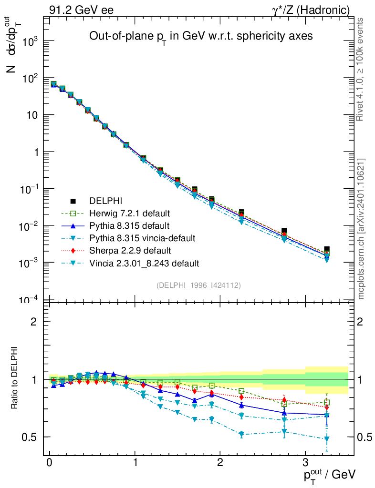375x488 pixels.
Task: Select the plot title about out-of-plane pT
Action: coord(201,37)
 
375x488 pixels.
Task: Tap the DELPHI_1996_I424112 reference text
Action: coord(198,285)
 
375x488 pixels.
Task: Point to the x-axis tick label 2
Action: coord(220,463)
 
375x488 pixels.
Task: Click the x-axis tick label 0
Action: coord(50,463)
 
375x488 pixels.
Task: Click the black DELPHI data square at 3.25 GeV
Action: coord(327,249)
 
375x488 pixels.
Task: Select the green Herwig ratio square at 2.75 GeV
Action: coord(284,404)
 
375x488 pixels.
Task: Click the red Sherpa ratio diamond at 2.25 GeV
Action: coord(241,396)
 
